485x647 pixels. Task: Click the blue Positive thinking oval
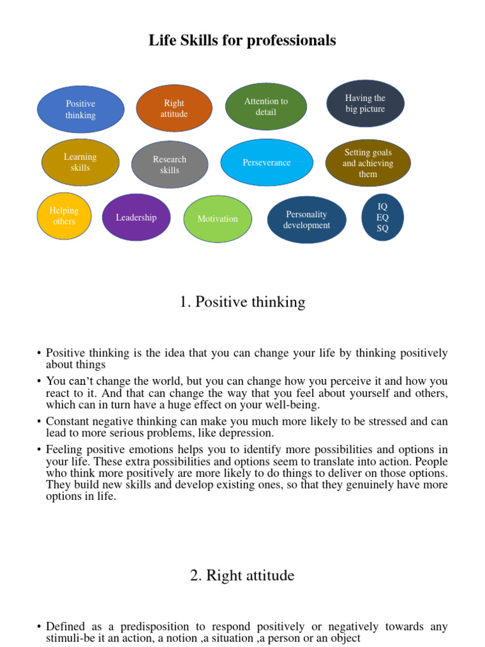(x=81, y=109)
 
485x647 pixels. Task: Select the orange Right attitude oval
(x=174, y=109)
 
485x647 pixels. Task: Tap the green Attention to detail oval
(x=266, y=106)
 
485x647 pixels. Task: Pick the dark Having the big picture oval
(x=365, y=104)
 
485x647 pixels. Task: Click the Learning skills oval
(x=80, y=162)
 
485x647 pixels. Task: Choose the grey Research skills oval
(x=169, y=164)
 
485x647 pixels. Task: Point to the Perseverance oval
(x=266, y=162)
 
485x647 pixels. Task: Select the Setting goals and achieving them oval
(x=368, y=163)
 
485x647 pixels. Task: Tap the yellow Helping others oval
(x=64, y=216)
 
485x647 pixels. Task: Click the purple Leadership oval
(x=136, y=217)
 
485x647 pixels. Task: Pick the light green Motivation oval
(x=217, y=219)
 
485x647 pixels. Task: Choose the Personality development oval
(x=306, y=220)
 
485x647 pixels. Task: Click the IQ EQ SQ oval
(x=383, y=217)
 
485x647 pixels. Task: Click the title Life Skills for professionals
(x=242, y=41)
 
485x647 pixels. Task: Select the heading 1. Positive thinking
(x=242, y=302)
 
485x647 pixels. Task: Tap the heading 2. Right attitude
(x=242, y=576)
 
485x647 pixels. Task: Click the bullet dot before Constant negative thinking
(x=39, y=421)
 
